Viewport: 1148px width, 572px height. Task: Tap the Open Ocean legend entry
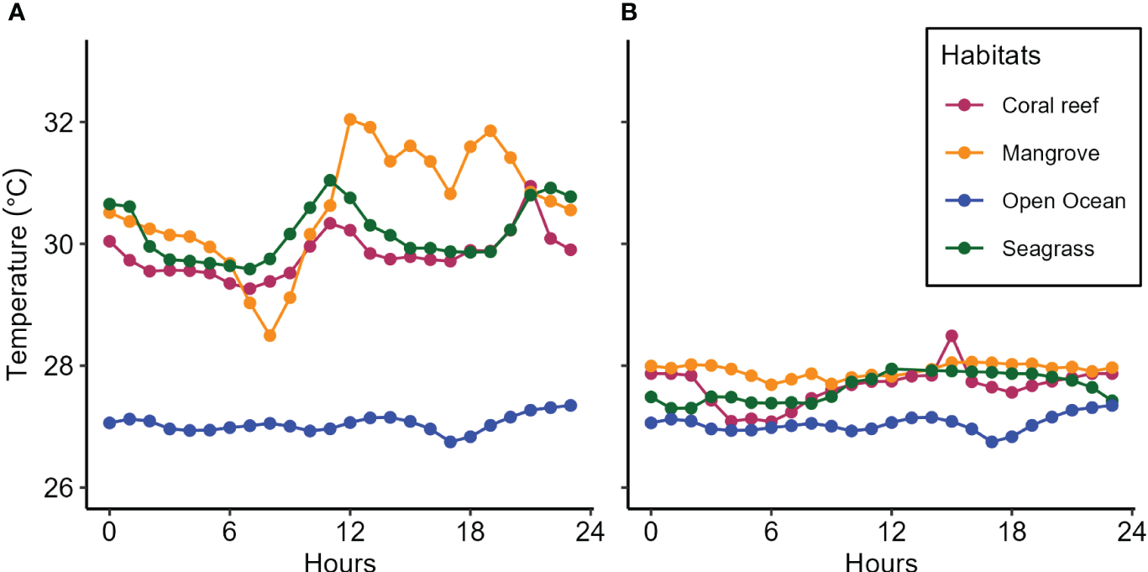click(1062, 201)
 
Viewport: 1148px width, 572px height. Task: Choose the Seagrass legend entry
click(1046, 249)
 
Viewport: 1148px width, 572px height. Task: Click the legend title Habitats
click(991, 56)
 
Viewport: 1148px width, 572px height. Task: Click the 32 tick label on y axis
click(62, 123)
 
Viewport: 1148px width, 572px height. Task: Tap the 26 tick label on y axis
click(62, 488)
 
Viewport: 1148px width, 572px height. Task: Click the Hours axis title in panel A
click(339, 559)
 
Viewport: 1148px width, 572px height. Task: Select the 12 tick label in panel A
click(350, 533)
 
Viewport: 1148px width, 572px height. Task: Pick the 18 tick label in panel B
click(1012, 533)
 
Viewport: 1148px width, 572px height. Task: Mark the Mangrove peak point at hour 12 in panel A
click(350, 119)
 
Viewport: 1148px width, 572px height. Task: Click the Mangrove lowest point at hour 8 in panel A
click(270, 335)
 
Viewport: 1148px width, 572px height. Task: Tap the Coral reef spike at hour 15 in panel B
click(951, 336)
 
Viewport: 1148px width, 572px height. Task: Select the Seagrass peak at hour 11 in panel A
click(330, 181)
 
